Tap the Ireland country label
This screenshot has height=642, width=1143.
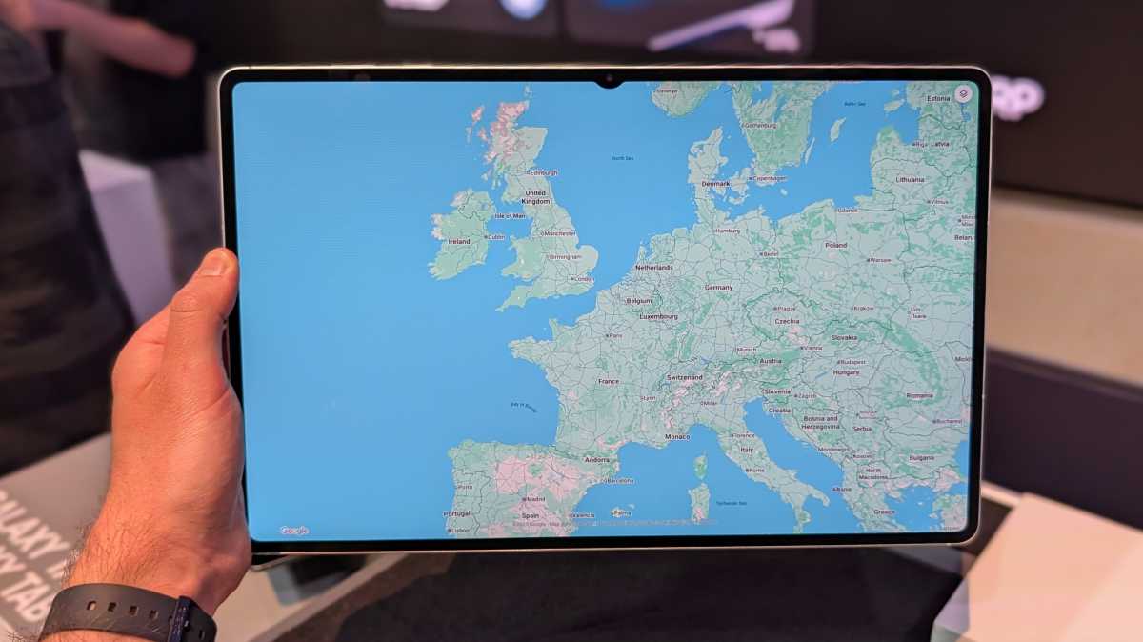(x=459, y=242)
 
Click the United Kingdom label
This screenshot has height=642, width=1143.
(x=535, y=197)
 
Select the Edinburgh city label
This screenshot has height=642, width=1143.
(x=543, y=172)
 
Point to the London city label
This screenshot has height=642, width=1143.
(x=583, y=279)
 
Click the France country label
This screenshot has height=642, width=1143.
(x=608, y=381)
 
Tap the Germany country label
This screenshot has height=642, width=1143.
(x=719, y=287)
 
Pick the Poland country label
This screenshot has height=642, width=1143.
(x=835, y=245)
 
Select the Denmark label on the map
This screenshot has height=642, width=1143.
(x=715, y=184)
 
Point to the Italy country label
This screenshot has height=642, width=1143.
(x=747, y=450)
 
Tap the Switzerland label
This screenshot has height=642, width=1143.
(x=684, y=377)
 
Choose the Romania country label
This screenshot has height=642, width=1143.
(x=919, y=395)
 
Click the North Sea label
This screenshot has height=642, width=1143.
(x=623, y=158)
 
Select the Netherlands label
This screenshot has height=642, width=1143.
(x=654, y=268)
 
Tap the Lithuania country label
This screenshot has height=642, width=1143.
(x=910, y=179)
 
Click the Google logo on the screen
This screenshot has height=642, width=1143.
(x=293, y=531)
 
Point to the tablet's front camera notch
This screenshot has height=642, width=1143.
(x=608, y=82)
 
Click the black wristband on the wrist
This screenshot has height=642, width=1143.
(x=129, y=614)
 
